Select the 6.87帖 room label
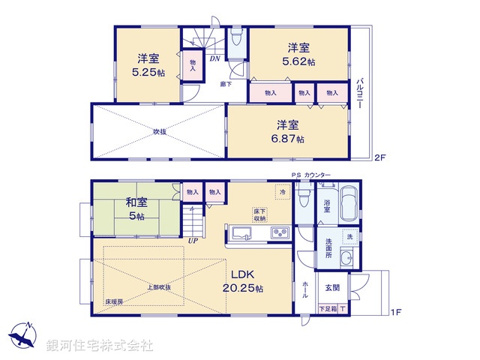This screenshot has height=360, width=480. (288, 132)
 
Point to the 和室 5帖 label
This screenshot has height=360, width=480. (136, 208)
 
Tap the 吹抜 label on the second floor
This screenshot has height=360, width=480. (159, 132)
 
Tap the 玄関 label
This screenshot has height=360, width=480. (331, 286)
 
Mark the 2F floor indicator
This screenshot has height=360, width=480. (379, 157)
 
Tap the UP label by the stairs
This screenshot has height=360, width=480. (193, 241)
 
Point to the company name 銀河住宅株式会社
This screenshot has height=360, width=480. (99, 346)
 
